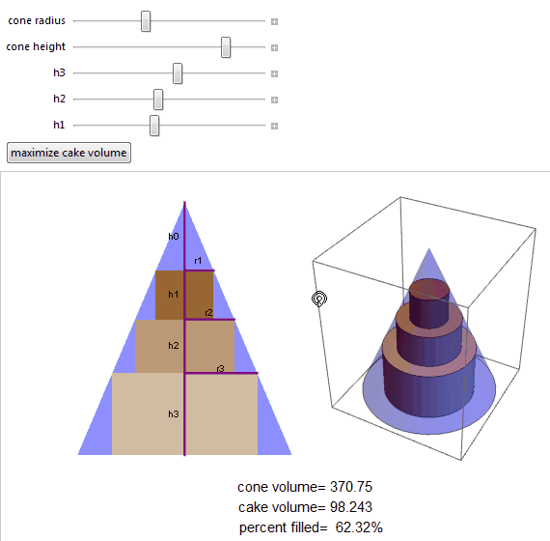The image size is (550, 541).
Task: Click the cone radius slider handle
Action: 146,20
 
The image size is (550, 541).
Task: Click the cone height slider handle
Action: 226,46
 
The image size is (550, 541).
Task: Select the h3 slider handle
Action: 178,72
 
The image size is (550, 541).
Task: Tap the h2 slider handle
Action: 158,99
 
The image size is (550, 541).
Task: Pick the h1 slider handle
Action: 154,125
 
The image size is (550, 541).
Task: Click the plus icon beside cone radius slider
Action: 274,20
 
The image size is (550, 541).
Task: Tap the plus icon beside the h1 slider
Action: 274,125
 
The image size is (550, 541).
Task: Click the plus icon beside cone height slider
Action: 274,46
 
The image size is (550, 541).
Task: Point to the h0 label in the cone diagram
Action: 174,236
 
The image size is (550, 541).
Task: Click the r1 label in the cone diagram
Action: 198,261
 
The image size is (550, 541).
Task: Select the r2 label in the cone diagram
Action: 209,312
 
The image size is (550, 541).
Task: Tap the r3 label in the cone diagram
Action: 221,368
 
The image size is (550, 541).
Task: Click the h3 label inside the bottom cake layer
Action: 174,413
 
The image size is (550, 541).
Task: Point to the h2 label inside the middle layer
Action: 174,345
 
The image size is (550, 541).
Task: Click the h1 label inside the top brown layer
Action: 174,294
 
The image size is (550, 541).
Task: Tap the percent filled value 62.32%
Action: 359,527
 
